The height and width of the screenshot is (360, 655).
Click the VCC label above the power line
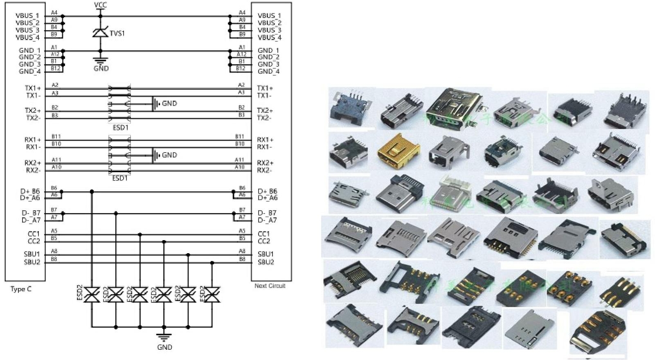pyautogui.click(x=100, y=5)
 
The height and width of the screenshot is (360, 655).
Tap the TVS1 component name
pyautogui.click(x=117, y=33)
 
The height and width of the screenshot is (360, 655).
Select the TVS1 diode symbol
pyautogui.click(x=100, y=32)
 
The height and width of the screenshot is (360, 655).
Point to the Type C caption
pyautogui.click(x=21, y=289)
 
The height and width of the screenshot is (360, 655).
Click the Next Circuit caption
pyautogui.click(x=270, y=286)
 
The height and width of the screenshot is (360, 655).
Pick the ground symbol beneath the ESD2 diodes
pyautogui.click(x=164, y=337)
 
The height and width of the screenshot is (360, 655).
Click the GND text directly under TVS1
pyautogui.click(x=101, y=68)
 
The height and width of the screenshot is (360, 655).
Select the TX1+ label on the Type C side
pyautogui.click(x=33, y=88)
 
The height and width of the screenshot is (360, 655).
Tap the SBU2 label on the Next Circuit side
pyautogui.click(x=266, y=262)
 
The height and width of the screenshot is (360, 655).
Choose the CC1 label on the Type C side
pyautogui.click(x=34, y=234)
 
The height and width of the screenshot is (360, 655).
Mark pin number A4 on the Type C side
pyautogui.click(x=54, y=13)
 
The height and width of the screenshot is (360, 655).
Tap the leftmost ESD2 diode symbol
pyautogui.click(x=92, y=295)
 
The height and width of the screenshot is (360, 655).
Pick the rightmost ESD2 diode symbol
pyautogui.click(x=212, y=295)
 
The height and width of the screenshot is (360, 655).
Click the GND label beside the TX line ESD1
pyautogui.click(x=169, y=103)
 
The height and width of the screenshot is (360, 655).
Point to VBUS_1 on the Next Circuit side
pyautogui.click(x=269, y=16)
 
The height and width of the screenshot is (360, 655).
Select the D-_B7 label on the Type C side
pyautogui.click(x=31, y=213)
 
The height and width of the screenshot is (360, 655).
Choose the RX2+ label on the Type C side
pyautogui.click(x=33, y=163)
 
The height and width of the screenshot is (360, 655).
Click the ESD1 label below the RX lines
pyautogui.click(x=120, y=178)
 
